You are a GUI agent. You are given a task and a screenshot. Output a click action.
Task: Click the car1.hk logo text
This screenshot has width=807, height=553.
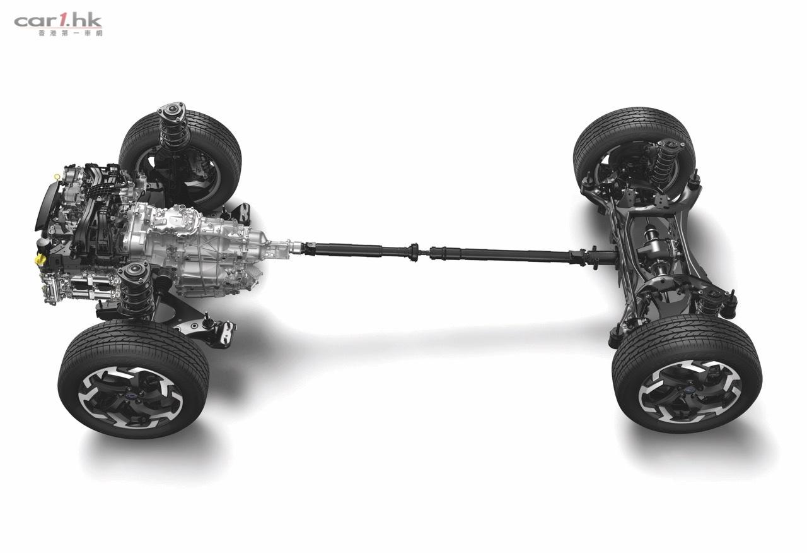coord(58,21)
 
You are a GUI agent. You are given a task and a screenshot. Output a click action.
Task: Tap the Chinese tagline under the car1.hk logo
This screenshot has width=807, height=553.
coord(70,33)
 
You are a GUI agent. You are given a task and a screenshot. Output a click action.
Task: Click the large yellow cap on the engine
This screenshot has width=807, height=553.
coord(40,259)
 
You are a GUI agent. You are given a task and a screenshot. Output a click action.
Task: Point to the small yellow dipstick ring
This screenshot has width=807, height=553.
coord(56,177)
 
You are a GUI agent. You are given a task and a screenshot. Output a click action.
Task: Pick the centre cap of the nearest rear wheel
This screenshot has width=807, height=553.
coord(684,392)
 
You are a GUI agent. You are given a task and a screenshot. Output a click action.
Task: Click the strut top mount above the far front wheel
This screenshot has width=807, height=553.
coord(171,110)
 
